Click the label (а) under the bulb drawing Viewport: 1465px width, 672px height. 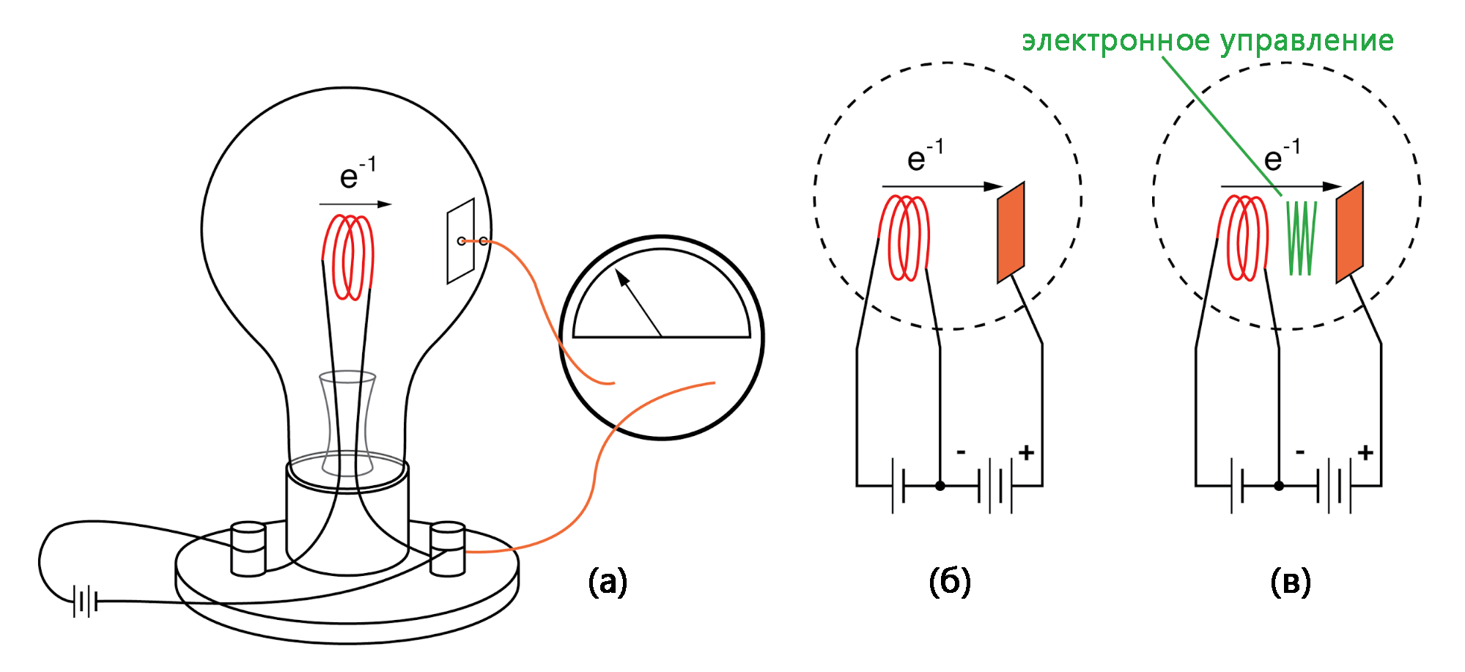click(608, 582)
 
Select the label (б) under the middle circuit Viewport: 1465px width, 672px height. click(950, 582)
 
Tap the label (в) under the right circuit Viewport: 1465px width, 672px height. click(1290, 582)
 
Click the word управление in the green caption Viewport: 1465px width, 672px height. click(1307, 42)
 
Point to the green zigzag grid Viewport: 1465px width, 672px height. click(1302, 238)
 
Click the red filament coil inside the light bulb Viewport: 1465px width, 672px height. click(348, 256)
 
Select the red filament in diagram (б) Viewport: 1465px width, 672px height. click(907, 237)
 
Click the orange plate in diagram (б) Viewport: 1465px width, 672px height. click(1011, 232)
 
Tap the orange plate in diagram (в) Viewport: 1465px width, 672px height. click(1349, 232)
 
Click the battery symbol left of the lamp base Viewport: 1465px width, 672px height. click(85, 602)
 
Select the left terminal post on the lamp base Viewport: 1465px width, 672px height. click(248, 548)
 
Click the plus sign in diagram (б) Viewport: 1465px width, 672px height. click(1026, 453)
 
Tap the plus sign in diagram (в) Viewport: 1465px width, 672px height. click(1365, 453)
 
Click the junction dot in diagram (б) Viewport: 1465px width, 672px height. click(940, 486)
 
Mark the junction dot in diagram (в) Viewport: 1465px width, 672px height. click(1279, 486)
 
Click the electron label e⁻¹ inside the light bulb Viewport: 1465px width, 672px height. click(358, 174)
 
